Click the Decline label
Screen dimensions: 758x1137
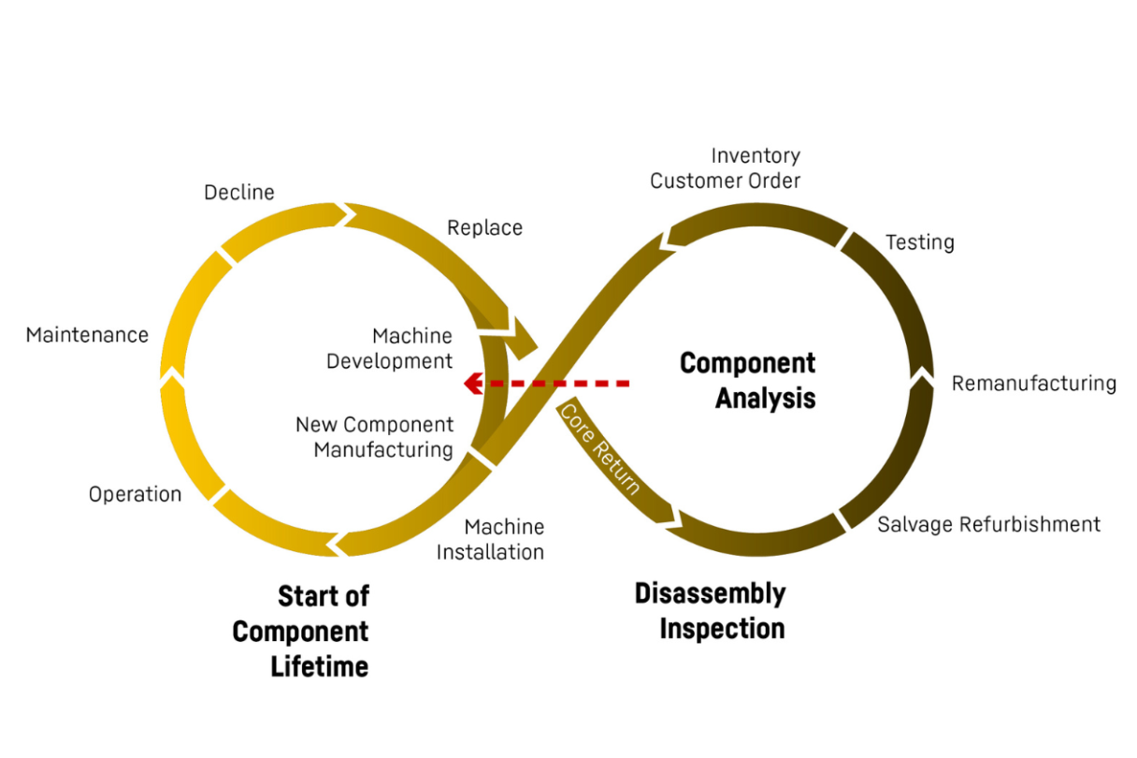click(239, 192)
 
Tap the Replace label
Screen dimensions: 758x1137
click(484, 227)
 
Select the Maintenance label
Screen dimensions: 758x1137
click(87, 335)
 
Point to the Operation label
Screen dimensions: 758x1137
click(136, 494)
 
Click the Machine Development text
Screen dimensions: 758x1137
click(389, 348)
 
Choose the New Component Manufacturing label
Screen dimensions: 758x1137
click(375, 437)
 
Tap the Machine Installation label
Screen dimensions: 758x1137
click(491, 540)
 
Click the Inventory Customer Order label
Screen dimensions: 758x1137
click(726, 168)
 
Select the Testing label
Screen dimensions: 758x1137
click(920, 242)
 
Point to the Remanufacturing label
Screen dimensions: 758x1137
click(1034, 384)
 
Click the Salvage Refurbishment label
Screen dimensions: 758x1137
click(988, 524)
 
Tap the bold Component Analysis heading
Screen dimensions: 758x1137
click(748, 380)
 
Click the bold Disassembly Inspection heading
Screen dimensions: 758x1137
click(711, 610)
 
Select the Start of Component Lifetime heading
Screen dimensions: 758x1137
click(301, 631)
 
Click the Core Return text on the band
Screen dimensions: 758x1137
click(600, 448)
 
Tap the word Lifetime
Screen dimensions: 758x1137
click(320, 666)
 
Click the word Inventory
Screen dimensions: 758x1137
click(756, 155)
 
